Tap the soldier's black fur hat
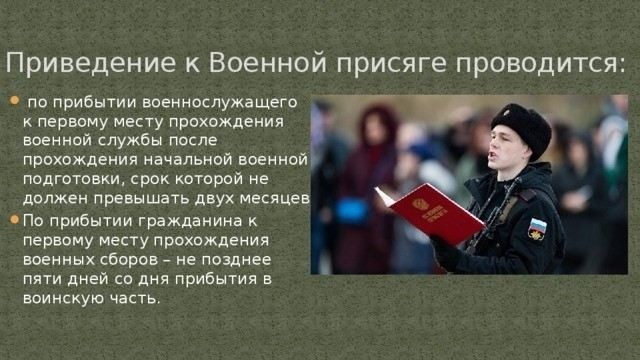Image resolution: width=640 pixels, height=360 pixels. coord(521,127)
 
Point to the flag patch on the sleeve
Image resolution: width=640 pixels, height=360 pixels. coord(538,228)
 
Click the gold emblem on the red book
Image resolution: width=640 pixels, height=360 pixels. coord(419,207)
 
